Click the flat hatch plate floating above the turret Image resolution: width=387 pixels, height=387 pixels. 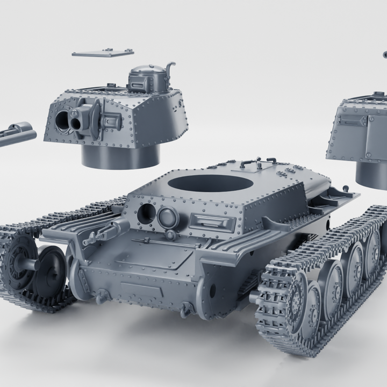pyautogui.click(x=103, y=53)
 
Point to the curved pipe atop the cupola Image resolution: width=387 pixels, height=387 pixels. pyautogui.click(x=170, y=69)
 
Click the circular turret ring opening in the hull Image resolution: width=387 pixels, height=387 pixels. pyautogui.click(x=210, y=183)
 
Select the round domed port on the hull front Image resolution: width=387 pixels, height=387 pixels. pyautogui.click(x=168, y=218)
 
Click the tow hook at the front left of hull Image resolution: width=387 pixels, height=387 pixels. pyautogui.click(x=101, y=295)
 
